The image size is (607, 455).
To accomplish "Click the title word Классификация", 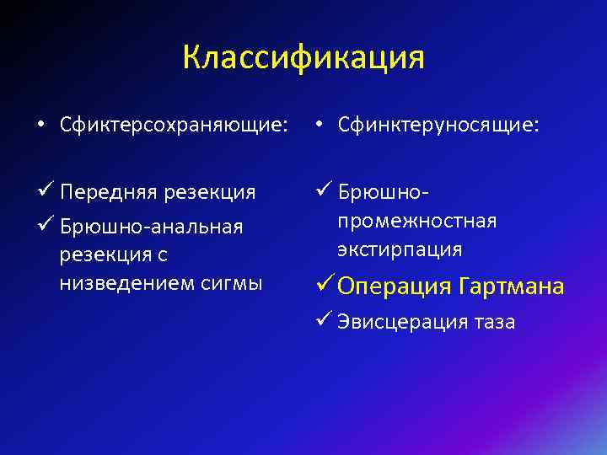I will pos(303,57).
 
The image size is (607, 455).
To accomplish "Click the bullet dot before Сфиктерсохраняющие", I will pos(40,126).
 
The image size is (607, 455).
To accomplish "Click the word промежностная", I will pos(416,221).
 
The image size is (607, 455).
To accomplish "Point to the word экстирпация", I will pos(400,249).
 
